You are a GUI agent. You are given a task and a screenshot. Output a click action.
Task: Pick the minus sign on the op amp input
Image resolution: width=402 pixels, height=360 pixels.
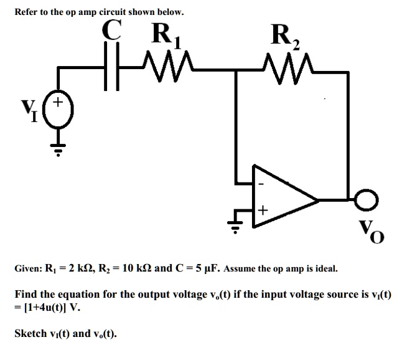pos(262,184)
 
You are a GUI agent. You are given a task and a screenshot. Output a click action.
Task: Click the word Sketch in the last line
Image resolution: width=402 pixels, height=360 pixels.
pos(30,334)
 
